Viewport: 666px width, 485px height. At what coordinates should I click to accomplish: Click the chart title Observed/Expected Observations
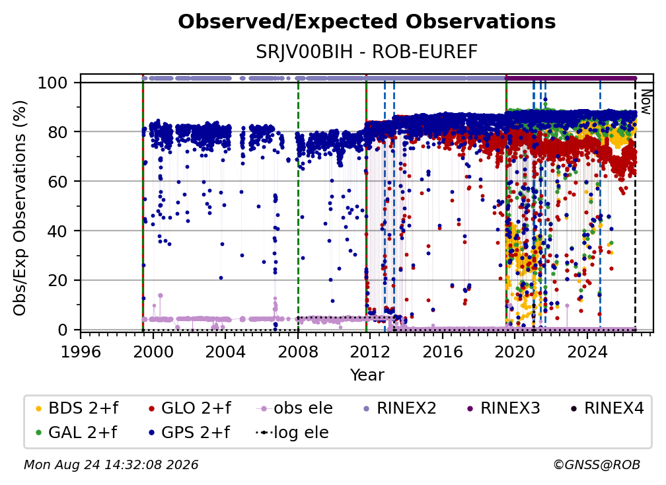pos(367,22)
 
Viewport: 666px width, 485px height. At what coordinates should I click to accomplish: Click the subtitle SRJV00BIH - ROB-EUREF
pos(367,52)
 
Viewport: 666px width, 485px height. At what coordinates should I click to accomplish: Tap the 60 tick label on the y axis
pos(57,181)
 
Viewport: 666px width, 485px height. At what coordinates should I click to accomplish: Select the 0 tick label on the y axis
pos(63,330)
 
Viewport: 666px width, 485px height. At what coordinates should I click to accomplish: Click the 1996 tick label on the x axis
pos(81,352)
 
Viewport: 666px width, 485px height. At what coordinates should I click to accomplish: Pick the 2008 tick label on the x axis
pos(298,352)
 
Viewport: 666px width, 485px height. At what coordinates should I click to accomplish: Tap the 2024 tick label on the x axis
pos(587,352)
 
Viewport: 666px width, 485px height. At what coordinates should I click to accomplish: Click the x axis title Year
pos(367,375)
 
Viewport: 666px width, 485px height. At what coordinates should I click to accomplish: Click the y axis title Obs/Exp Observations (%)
pos(20,208)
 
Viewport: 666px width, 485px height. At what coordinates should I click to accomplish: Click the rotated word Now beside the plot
pos(646,102)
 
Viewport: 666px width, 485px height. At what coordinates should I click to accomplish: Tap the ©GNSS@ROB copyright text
pos(597,465)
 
